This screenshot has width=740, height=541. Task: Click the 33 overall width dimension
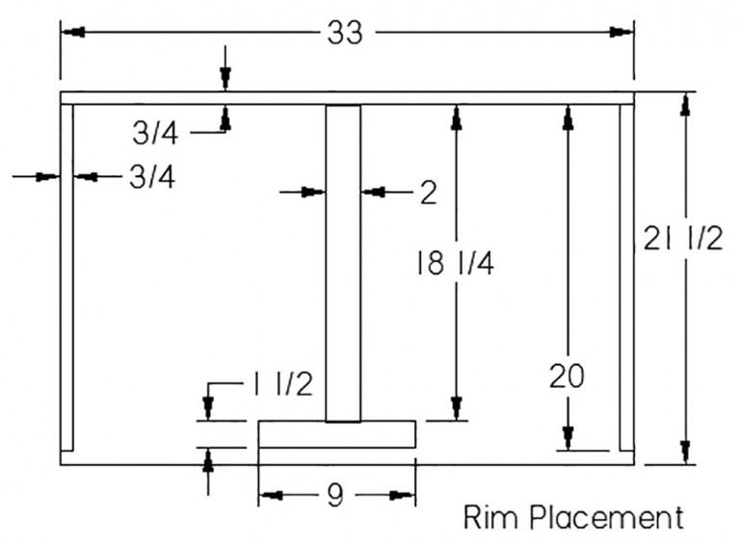click(x=345, y=33)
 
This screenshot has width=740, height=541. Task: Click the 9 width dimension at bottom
click(x=335, y=496)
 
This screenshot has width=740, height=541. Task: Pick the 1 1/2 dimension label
click(x=284, y=385)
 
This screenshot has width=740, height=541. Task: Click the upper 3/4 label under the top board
click(x=155, y=134)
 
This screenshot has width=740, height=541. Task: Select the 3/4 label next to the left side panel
click(x=151, y=177)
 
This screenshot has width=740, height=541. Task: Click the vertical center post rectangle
click(x=342, y=262)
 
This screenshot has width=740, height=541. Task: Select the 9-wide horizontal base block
click(x=336, y=434)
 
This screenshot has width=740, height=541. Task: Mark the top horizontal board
click(x=347, y=97)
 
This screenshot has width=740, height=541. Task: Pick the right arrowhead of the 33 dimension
click(x=622, y=33)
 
